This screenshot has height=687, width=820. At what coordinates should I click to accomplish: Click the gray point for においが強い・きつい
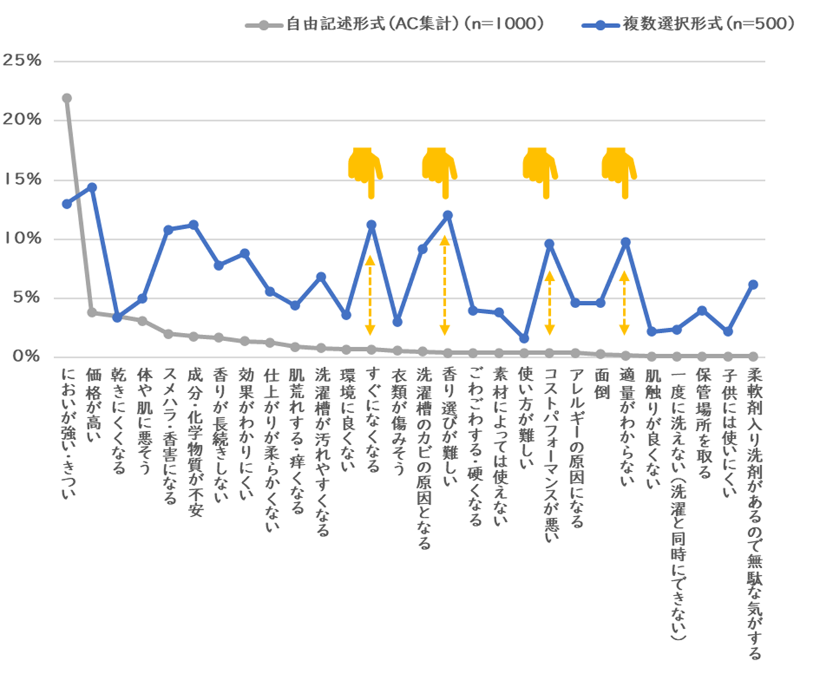67,99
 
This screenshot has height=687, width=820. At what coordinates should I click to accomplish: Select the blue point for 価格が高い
92,187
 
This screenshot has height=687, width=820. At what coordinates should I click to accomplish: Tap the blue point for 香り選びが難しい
448,215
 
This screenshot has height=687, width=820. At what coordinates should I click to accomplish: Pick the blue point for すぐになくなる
372,225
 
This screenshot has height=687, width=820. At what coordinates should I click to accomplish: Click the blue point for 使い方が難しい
524,339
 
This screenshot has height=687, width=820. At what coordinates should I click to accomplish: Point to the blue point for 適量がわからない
625,242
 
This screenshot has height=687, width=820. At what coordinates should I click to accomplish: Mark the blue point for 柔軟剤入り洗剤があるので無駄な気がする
753,284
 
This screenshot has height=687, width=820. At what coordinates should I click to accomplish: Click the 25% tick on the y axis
22,61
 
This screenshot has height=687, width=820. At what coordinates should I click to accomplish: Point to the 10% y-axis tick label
22,239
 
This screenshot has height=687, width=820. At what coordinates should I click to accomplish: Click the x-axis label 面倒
601,384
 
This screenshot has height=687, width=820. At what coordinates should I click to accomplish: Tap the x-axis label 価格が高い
93,403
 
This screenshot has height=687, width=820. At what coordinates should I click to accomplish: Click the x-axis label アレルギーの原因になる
576,448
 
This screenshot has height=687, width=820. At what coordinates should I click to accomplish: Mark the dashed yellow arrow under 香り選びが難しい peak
444,286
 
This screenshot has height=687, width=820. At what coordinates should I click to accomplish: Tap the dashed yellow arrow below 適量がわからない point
624,304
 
